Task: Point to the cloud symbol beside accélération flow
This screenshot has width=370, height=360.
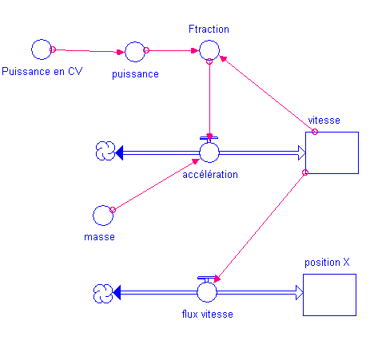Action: [x=105, y=151]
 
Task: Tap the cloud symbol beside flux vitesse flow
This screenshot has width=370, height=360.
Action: [x=103, y=293]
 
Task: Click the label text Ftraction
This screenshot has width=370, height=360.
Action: [x=209, y=29]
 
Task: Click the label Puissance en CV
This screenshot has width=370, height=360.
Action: [x=42, y=71]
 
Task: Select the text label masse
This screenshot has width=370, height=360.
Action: [x=99, y=237]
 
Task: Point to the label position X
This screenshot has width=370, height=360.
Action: [x=327, y=263]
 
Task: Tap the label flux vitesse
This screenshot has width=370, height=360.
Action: [x=208, y=315]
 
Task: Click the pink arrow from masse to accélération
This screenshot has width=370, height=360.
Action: [x=157, y=184]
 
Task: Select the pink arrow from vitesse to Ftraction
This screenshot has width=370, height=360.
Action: [x=268, y=93]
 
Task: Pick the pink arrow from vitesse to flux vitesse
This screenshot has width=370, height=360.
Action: [x=261, y=226]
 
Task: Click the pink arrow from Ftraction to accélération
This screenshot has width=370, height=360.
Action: [x=209, y=101]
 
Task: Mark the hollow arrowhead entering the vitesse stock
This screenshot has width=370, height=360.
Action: [x=301, y=152]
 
